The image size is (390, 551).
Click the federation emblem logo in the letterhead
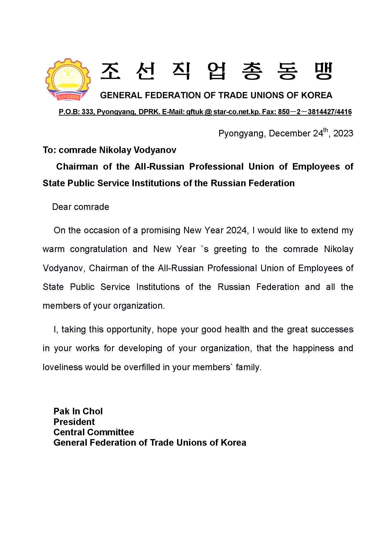click(x=68, y=79)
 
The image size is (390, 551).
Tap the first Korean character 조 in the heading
click(x=110, y=71)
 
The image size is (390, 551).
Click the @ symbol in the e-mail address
click(x=208, y=112)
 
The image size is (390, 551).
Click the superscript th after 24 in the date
click(x=326, y=130)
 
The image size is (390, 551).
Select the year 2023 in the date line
click(x=343, y=133)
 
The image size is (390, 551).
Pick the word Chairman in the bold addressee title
click(x=77, y=167)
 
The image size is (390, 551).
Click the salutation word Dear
click(x=62, y=207)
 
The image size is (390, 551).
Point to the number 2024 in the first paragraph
click(x=236, y=230)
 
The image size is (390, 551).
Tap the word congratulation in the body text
click(x=98, y=249)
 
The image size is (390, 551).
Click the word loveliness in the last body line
click(x=63, y=367)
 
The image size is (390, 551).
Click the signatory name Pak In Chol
click(x=78, y=411)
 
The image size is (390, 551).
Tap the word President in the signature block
click(x=74, y=422)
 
